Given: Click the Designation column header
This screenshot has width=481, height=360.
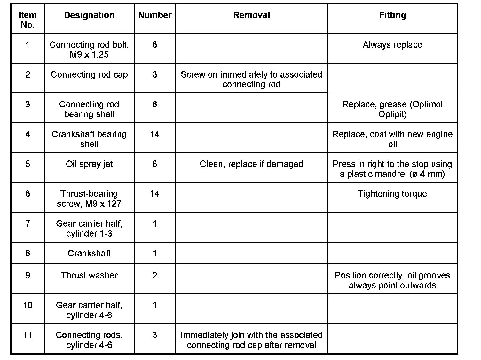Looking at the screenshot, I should pyautogui.click(x=89, y=15).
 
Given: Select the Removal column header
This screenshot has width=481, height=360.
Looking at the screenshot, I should pyautogui.click(x=251, y=15).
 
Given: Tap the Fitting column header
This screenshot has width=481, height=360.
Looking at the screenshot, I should pyautogui.click(x=392, y=15).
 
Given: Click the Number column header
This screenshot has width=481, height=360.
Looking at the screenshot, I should pyautogui.click(x=155, y=15).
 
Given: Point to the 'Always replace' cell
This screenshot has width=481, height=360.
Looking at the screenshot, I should pyautogui.click(x=392, y=45).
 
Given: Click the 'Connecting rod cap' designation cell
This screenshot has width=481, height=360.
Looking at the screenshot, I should pyautogui.click(x=89, y=75).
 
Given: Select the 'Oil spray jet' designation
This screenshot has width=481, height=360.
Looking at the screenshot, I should pyautogui.click(x=89, y=164).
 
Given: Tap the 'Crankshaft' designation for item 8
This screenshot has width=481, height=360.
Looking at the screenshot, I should pyautogui.click(x=89, y=254).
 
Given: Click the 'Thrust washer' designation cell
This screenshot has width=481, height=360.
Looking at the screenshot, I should pyautogui.click(x=89, y=276).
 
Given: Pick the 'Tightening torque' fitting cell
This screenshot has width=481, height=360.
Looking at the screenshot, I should pyautogui.click(x=392, y=194).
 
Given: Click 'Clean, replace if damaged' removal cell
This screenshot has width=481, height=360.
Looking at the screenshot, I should pyautogui.click(x=251, y=164).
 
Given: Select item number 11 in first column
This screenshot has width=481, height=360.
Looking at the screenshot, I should pyautogui.click(x=28, y=335).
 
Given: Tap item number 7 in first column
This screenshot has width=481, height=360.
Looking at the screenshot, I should pyautogui.click(x=28, y=223).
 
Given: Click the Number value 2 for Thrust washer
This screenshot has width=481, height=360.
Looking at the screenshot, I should pyautogui.click(x=155, y=276).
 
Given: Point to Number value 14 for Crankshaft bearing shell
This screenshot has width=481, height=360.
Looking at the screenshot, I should pyautogui.click(x=155, y=134).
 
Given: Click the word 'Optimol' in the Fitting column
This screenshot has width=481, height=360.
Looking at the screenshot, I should pyautogui.click(x=427, y=105).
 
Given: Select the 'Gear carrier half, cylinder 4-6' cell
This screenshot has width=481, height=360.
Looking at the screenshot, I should pyautogui.click(x=89, y=310).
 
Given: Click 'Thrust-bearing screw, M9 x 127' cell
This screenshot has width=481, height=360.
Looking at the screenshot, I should pyautogui.click(x=89, y=199).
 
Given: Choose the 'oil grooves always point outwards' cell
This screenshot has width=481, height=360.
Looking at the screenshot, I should pyautogui.click(x=392, y=280).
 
